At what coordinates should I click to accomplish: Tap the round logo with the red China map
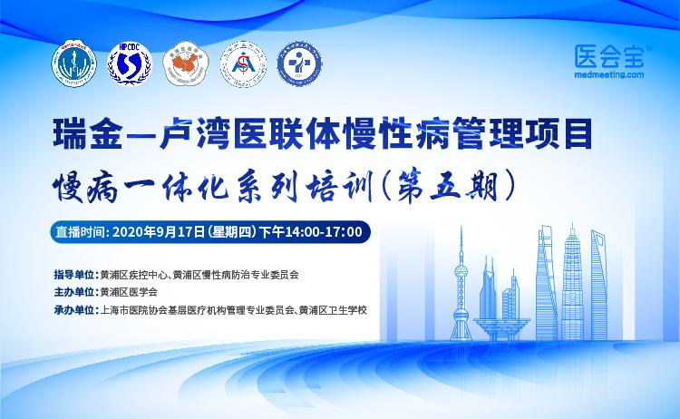point(183,63)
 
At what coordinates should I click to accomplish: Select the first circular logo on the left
point(69,63)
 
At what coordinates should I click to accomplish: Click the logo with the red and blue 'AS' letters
point(242,63)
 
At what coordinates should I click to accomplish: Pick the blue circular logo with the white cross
point(300,63)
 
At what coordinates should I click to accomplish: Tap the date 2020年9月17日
point(160,231)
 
